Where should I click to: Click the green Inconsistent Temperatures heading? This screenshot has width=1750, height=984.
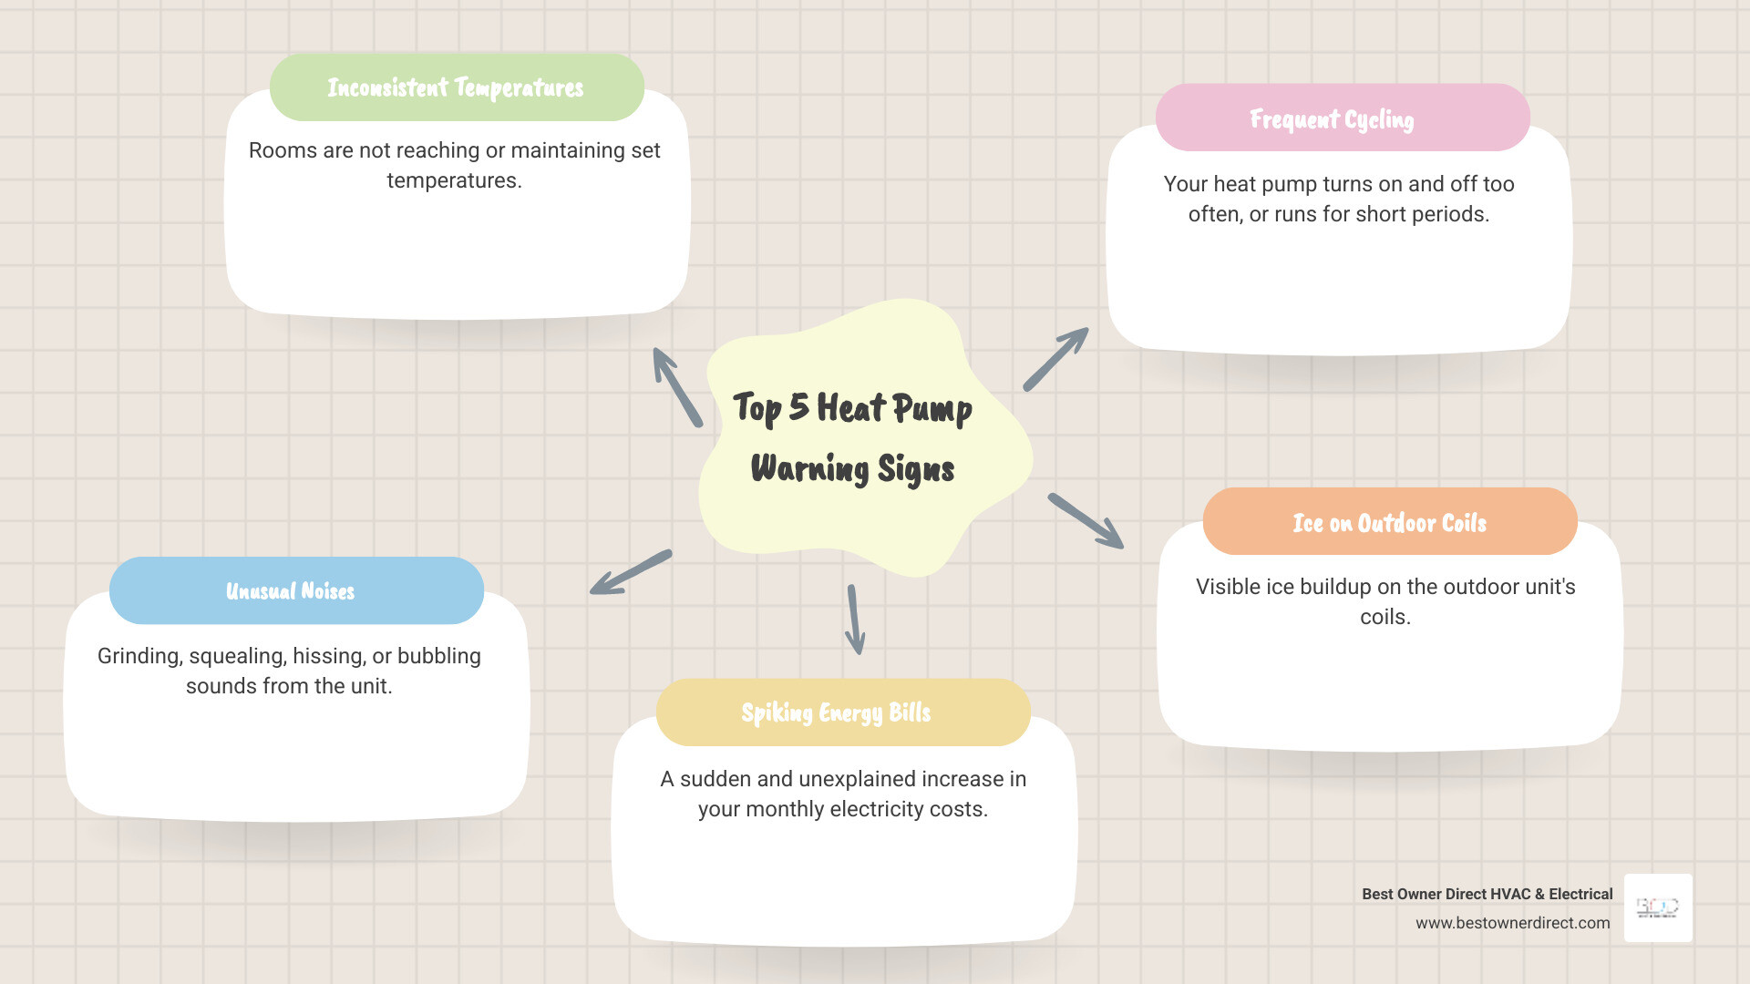(x=456, y=87)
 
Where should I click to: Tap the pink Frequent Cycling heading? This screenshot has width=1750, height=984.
(x=1333, y=119)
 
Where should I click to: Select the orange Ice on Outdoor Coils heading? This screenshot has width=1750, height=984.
(x=1389, y=523)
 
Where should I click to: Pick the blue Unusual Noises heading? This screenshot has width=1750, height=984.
(x=291, y=591)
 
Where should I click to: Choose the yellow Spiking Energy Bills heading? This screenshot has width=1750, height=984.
(x=836, y=712)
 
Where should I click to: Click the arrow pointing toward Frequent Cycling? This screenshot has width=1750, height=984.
(x=1055, y=359)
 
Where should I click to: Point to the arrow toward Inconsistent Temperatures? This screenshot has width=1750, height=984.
(x=677, y=387)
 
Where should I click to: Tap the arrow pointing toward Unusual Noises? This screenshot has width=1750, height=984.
(x=631, y=572)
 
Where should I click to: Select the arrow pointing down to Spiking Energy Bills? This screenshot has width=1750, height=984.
(x=855, y=620)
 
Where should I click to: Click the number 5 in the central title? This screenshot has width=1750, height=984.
(x=798, y=406)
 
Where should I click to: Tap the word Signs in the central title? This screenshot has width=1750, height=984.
(x=915, y=469)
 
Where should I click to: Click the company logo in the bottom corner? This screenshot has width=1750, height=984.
(x=1658, y=907)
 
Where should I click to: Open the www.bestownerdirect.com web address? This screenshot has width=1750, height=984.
(x=1512, y=923)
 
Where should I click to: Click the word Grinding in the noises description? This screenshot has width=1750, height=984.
(x=139, y=656)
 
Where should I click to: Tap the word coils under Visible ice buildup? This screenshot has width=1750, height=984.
(x=1385, y=617)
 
